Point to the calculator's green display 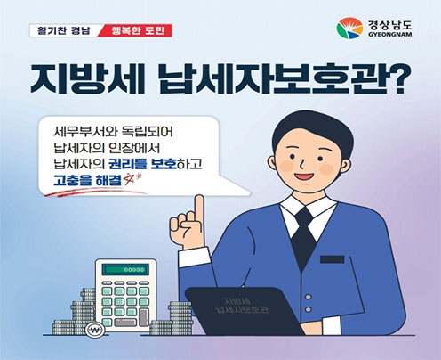pyautogui.click(x=126, y=267)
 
